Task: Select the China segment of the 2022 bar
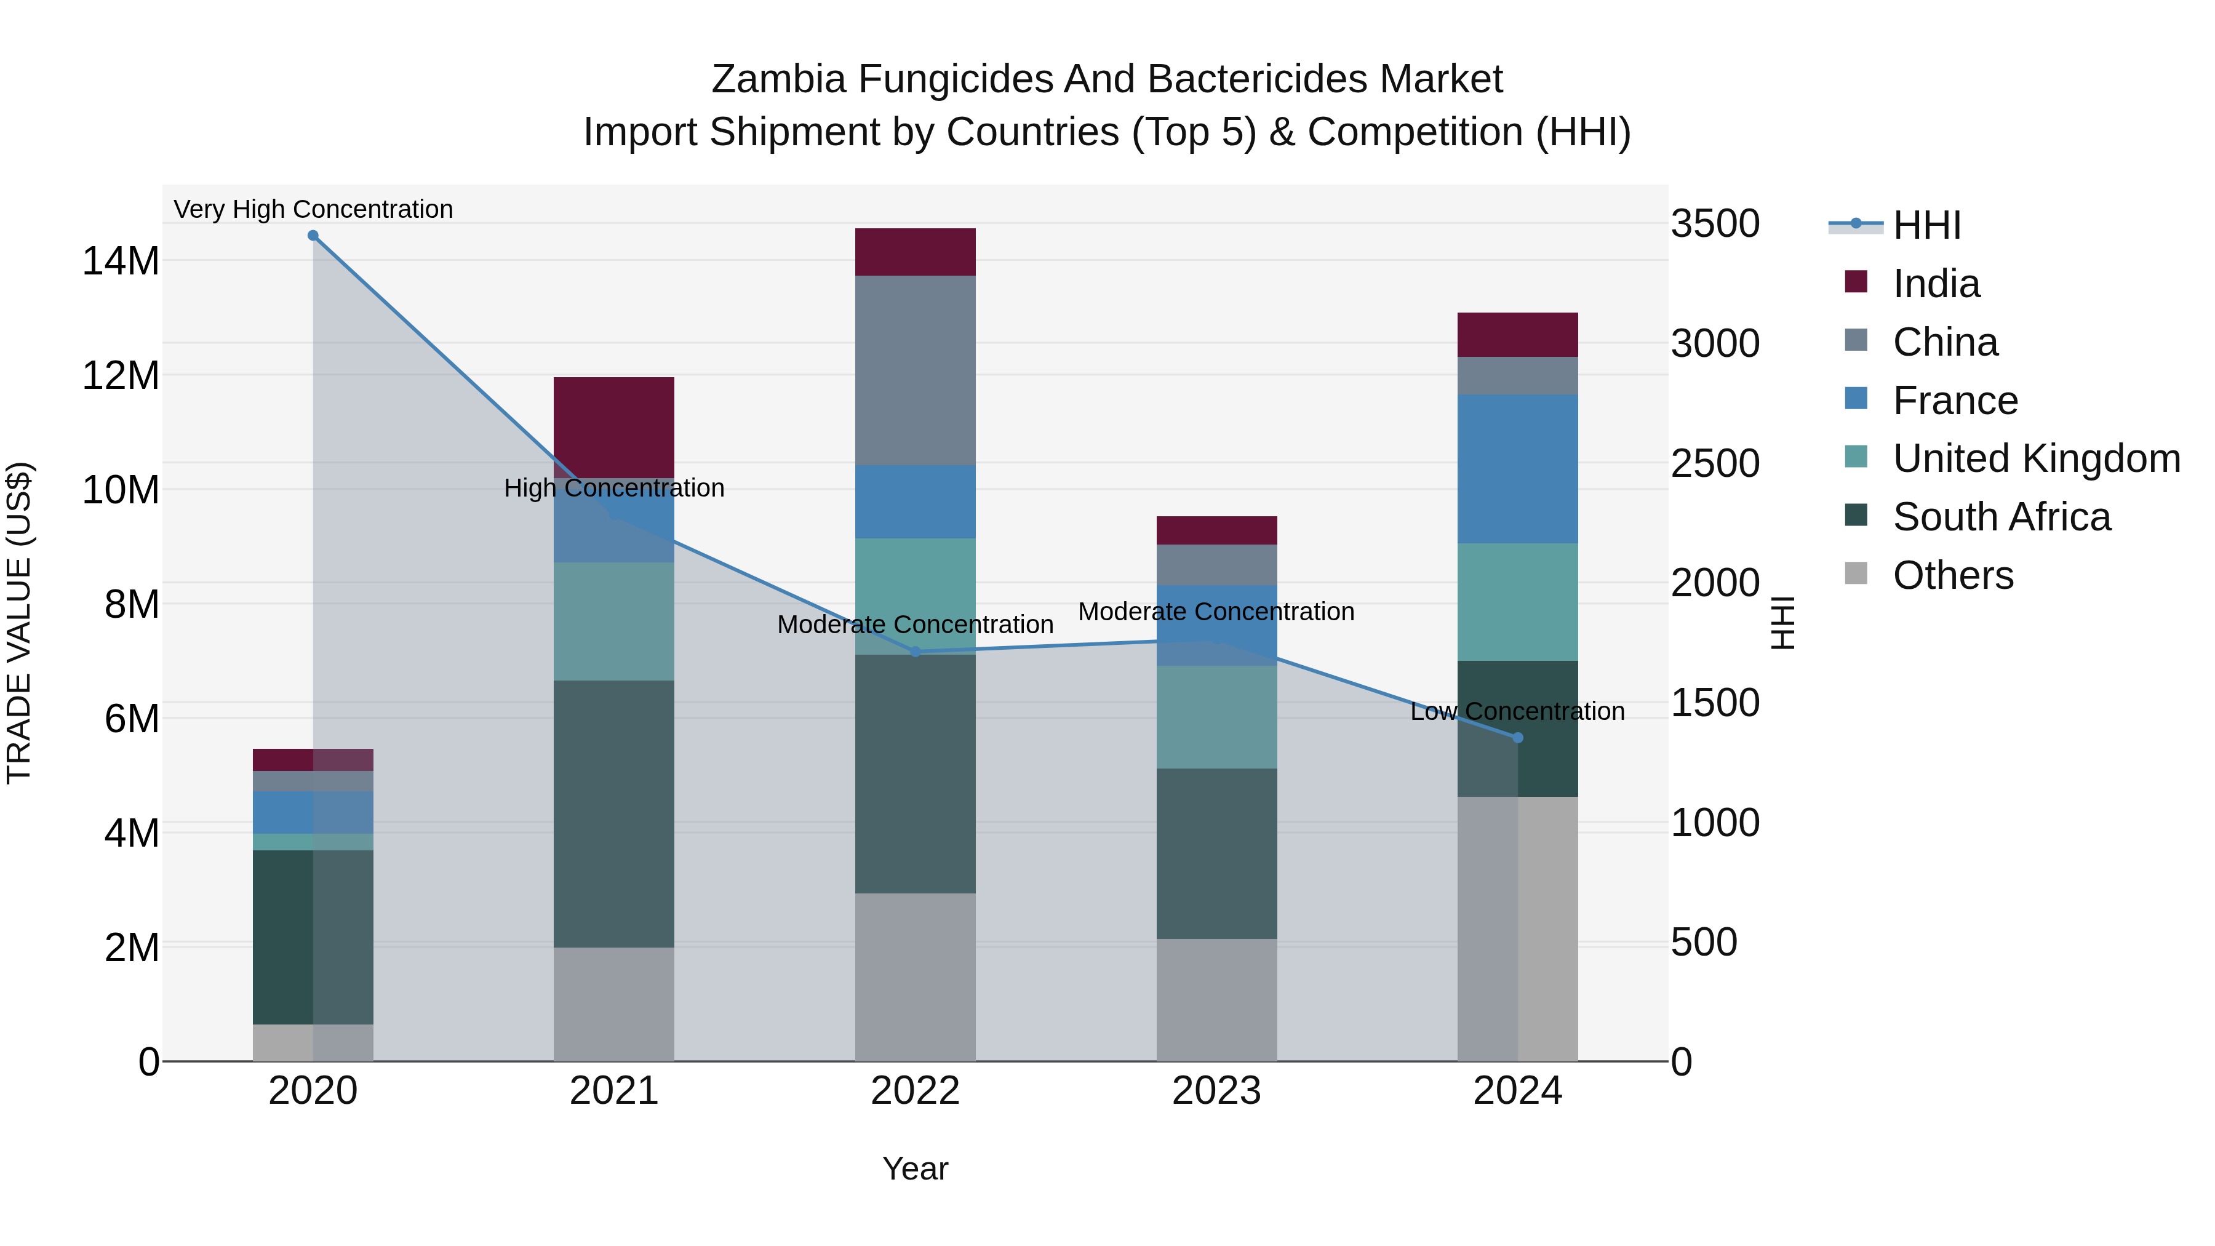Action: tap(915, 370)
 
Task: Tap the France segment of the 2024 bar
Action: tap(1518, 469)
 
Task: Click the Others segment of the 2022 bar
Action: tap(915, 977)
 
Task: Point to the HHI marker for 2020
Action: tap(313, 236)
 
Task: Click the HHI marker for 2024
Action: tap(1518, 738)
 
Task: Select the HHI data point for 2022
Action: tap(915, 652)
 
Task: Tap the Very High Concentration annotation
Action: tap(313, 209)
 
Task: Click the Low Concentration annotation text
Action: tap(1518, 711)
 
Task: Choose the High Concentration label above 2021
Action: tap(614, 487)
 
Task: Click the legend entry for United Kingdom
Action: tap(2036, 458)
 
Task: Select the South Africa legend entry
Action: tap(2001, 517)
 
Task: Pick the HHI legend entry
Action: tap(1926, 225)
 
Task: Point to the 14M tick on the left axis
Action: tap(121, 260)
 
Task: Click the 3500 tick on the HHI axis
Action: tap(1715, 223)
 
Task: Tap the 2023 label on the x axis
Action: tap(1216, 1091)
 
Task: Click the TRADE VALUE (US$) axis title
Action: tap(19, 623)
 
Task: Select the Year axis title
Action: tap(915, 1168)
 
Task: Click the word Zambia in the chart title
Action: tap(778, 79)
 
